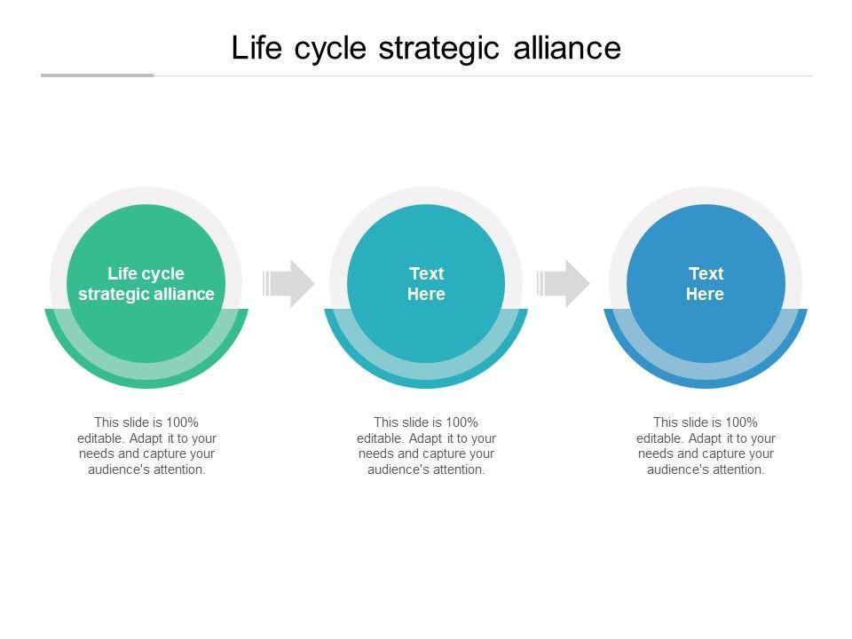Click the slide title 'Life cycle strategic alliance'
(x=426, y=48)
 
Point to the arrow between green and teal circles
(x=289, y=284)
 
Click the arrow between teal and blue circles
(x=564, y=284)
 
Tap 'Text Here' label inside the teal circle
(x=426, y=284)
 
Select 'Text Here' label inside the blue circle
(x=706, y=284)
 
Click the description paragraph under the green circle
(x=146, y=446)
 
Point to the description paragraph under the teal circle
(x=426, y=446)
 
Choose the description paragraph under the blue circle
(x=706, y=446)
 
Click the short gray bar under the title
(x=98, y=75)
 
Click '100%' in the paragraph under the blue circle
(x=741, y=422)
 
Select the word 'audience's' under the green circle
(x=118, y=470)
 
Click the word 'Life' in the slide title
(x=251, y=48)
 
